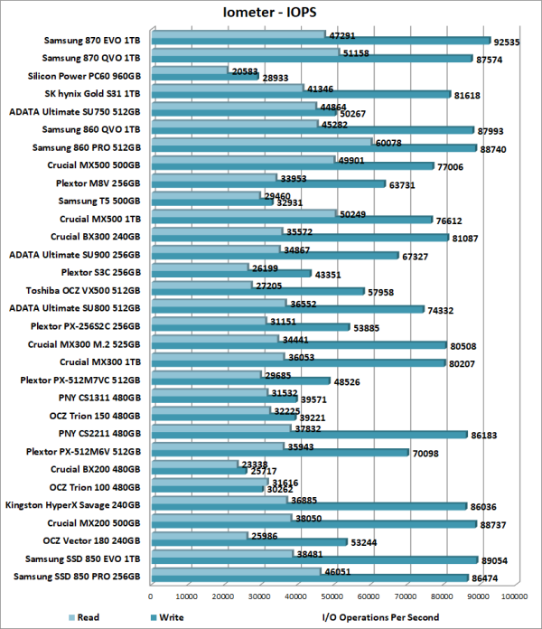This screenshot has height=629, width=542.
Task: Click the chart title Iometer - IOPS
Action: [x=271, y=12]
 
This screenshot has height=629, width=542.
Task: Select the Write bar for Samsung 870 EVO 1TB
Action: [x=321, y=41]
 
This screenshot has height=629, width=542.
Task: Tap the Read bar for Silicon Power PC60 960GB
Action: [x=190, y=70]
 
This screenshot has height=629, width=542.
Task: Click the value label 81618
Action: [x=471, y=94]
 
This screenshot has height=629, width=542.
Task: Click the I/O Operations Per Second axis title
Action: [x=380, y=617]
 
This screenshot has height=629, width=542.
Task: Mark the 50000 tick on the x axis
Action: [x=333, y=596]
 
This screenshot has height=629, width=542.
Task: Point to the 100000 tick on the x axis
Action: [x=515, y=596]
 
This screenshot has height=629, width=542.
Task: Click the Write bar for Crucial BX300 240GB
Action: [x=300, y=238]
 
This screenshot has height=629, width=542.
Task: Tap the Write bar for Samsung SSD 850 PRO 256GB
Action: [x=309, y=577]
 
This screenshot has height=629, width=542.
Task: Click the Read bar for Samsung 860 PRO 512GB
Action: [x=262, y=142]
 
